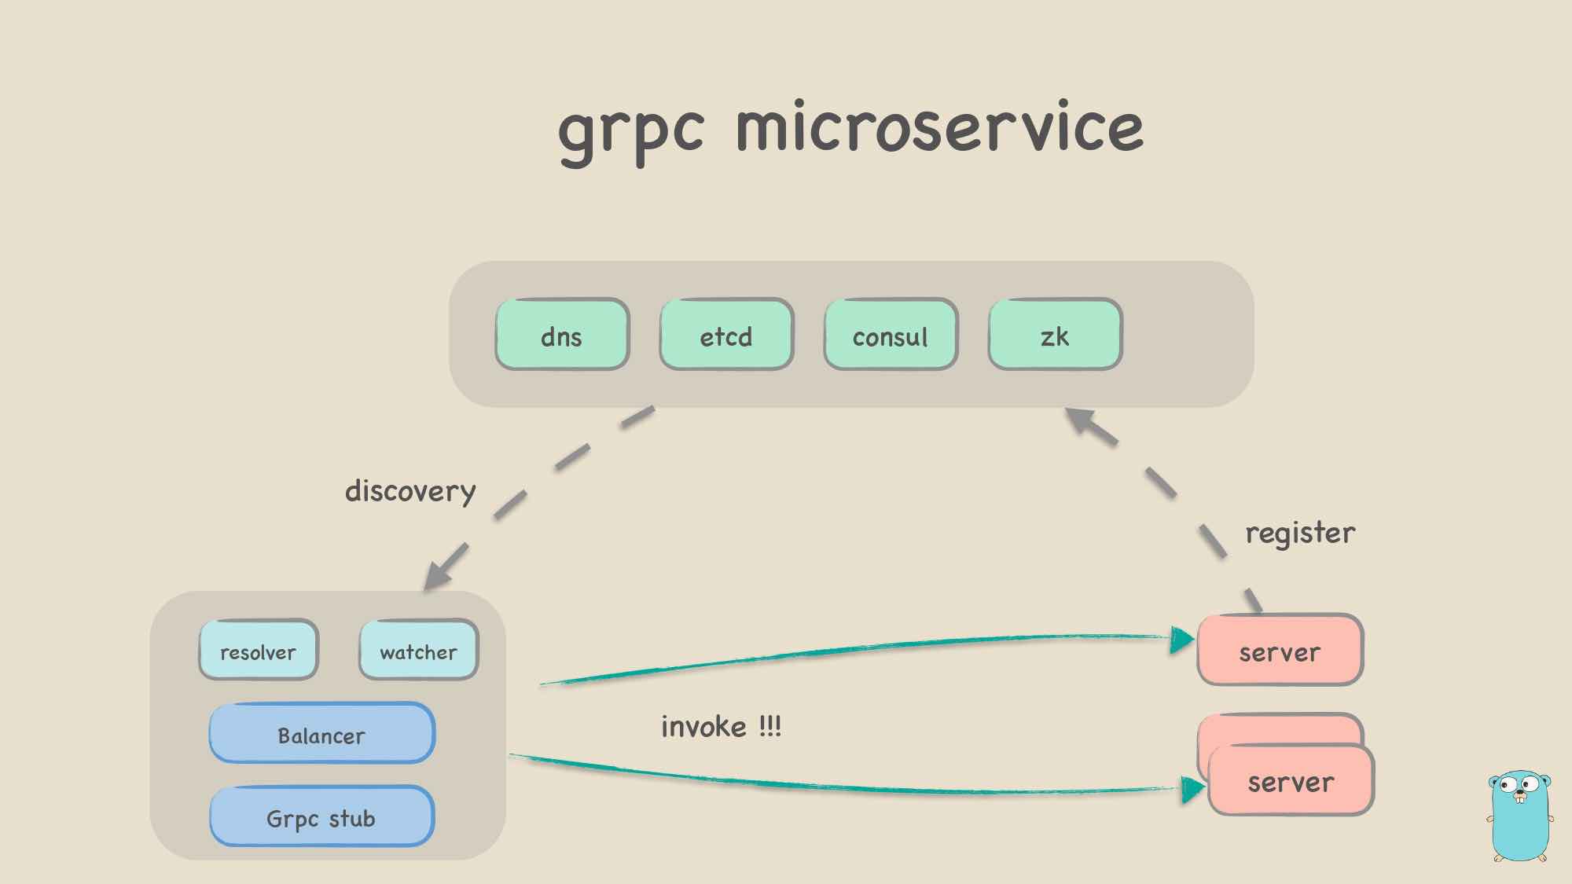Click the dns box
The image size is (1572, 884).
(x=562, y=335)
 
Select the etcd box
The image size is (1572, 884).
(x=726, y=335)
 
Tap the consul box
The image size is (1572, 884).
(x=891, y=335)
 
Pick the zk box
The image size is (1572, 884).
(x=1055, y=335)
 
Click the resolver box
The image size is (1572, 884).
(x=259, y=650)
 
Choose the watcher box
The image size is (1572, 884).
(x=418, y=650)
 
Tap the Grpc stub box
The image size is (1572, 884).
(x=321, y=816)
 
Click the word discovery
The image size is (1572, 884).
(x=410, y=491)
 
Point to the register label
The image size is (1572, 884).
(x=1300, y=533)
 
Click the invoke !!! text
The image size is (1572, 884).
(x=721, y=726)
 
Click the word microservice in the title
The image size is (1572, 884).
(x=939, y=128)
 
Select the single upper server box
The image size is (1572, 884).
(x=1280, y=650)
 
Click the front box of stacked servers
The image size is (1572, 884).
(x=1291, y=780)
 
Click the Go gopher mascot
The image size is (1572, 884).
(x=1519, y=815)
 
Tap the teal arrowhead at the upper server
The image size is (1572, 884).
(x=1181, y=640)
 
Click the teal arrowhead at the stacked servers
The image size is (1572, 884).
(x=1192, y=789)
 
